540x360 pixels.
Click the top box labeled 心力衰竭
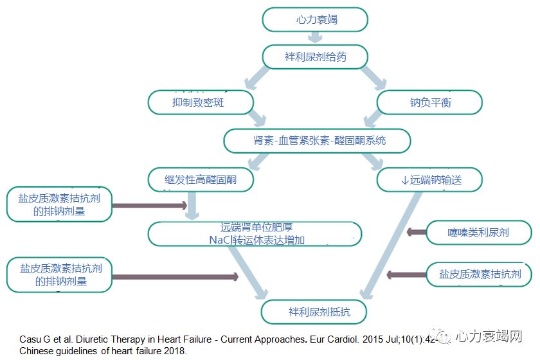coord(315,19)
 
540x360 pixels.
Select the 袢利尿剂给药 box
coord(315,57)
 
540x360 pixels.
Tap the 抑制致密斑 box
coord(200,102)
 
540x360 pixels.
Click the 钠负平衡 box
coord(429,102)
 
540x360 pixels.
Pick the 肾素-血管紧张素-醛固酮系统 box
coord(316,140)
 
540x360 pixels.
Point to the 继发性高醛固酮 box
coord(200,179)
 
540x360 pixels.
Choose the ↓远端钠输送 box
coord(429,179)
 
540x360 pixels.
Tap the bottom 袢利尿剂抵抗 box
coord(315,312)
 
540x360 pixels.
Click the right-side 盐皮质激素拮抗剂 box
coord(480,275)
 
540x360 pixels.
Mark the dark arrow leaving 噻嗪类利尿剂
coord(418,231)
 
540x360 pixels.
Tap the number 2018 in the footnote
coord(174,351)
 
